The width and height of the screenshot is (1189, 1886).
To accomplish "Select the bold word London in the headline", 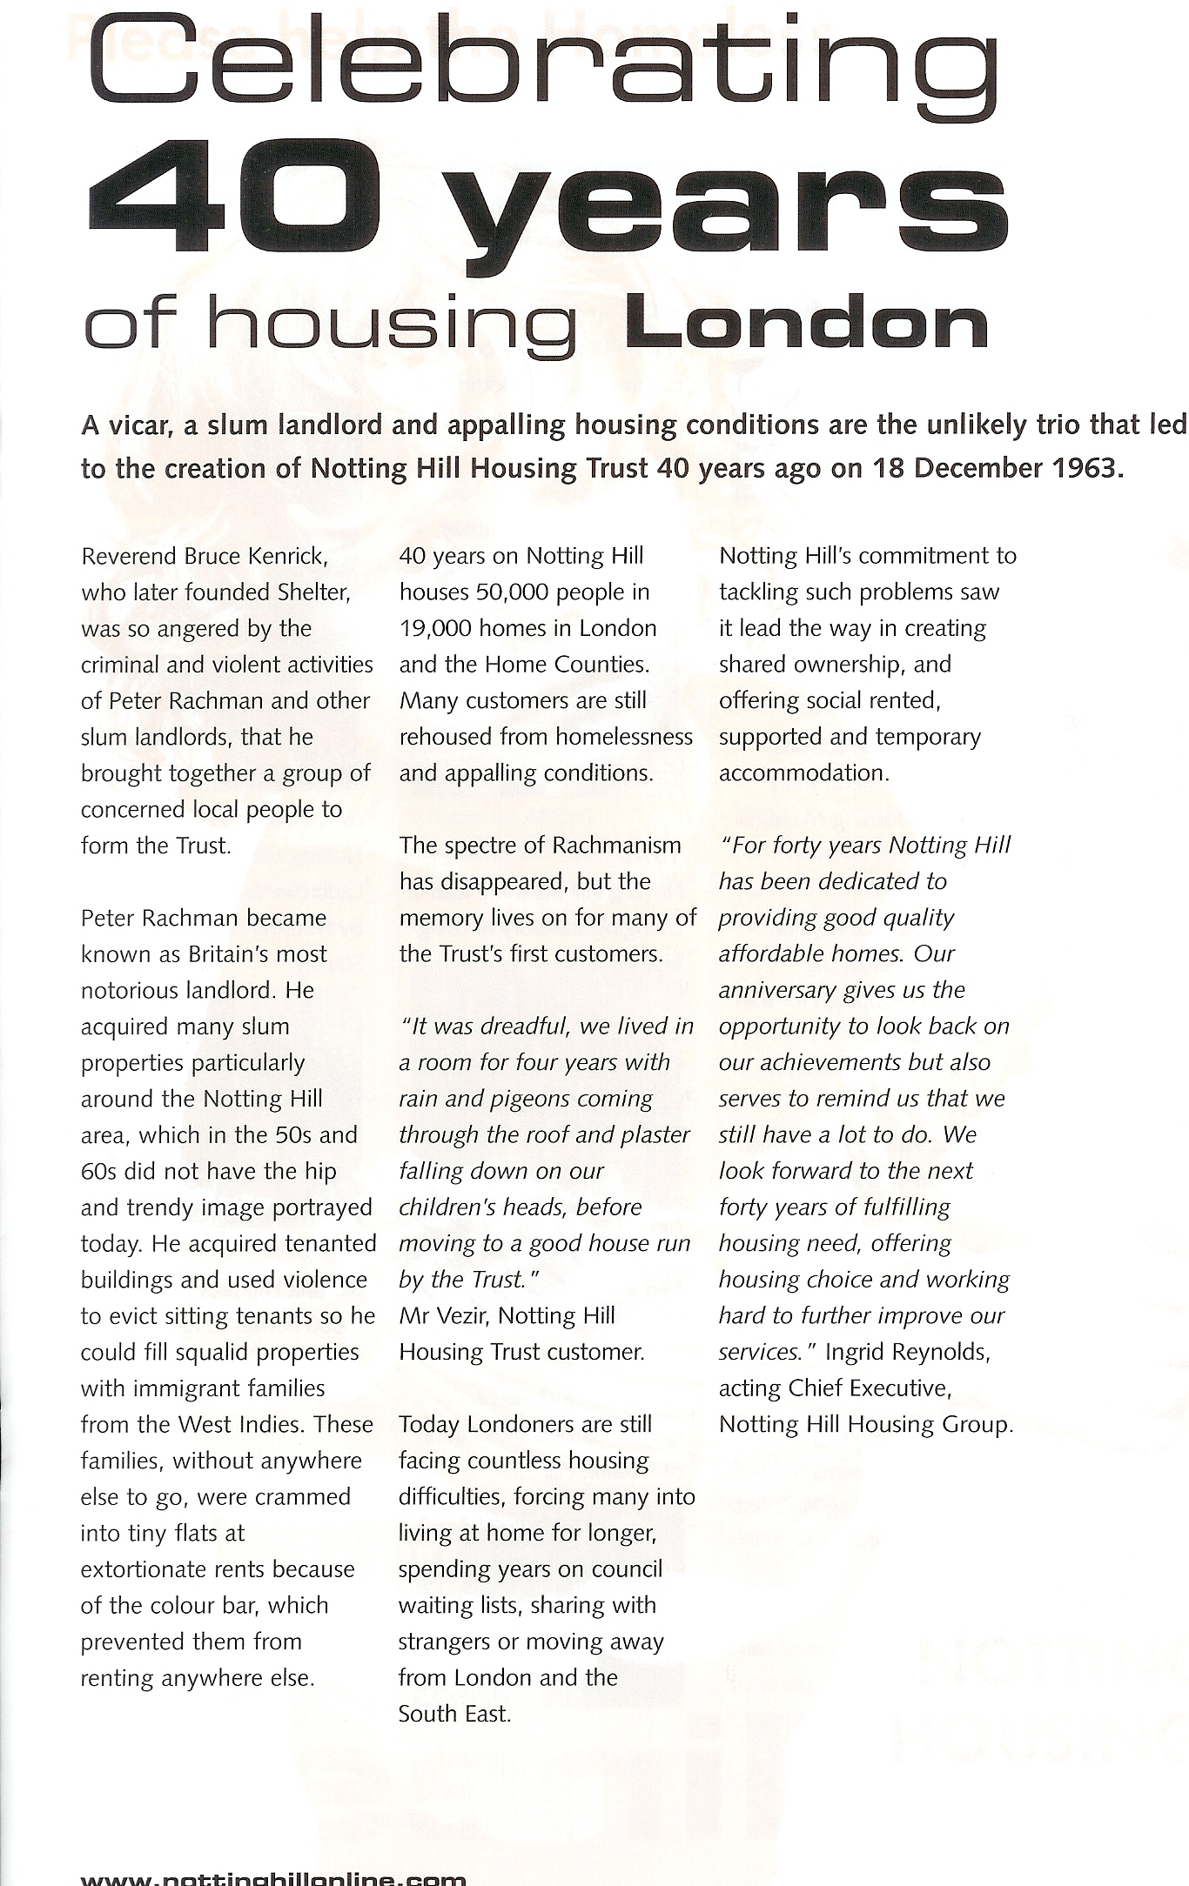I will [x=806, y=323].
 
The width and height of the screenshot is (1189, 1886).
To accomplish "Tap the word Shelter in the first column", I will [x=312, y=592].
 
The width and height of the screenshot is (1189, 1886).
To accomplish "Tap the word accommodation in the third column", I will [x=803, y=773].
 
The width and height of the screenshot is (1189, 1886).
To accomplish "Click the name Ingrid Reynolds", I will [x=907, y=1352].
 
